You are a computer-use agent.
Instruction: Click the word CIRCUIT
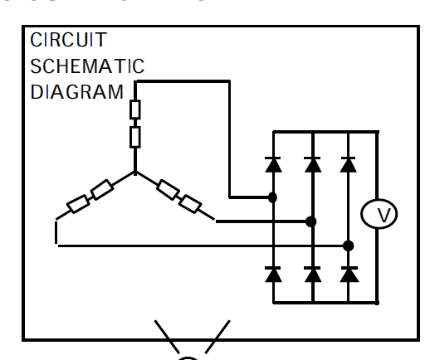pyautogui.click(x=68, y=40)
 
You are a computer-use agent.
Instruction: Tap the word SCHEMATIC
pyautogui.click(x=87, y=66)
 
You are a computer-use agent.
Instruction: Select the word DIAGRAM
pyautogui.click(x=76, y=92)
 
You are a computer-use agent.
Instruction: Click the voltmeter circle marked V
pyautogui.click(x=379, y=214)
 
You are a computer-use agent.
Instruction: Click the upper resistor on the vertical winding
pyautogui.click(x=135, y=109)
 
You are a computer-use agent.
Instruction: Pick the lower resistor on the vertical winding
pyautogui.click(x=135, y=137)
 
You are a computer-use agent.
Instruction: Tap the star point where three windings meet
pyautogui.click(x=135, y=173)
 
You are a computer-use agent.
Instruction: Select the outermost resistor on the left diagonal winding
pyautogui.click(x=78, y=204)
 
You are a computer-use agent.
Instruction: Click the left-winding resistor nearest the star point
pyautogui.click(x=102, y=189)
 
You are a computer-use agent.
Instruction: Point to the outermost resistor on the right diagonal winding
pyautogui.click(x=190, y=204)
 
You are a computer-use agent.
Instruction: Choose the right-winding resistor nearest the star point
pyautogui.click(x=168, y=190)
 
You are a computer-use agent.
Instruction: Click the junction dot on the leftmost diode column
pyautogui.click(x=272, y=197)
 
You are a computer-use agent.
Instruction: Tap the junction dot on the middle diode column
pyautogui.click(x=311, y=221)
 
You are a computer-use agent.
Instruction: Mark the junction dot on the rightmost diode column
pyautogui.click(x=349, y=246)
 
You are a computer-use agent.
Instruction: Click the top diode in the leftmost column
pyautogui.click(x=273, y=164)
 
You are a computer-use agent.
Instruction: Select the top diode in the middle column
pyautogui.click(x=313, y=164)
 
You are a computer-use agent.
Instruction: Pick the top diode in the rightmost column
pyautogui.click(x=348, y=164)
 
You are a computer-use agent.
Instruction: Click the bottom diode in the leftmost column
pyautogui.click(x=273, y=275)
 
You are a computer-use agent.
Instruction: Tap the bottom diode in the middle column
pyautogui.click(x=313, y=275)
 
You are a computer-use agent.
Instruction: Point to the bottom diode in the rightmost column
pyautogui.click(x=349, y=275)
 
